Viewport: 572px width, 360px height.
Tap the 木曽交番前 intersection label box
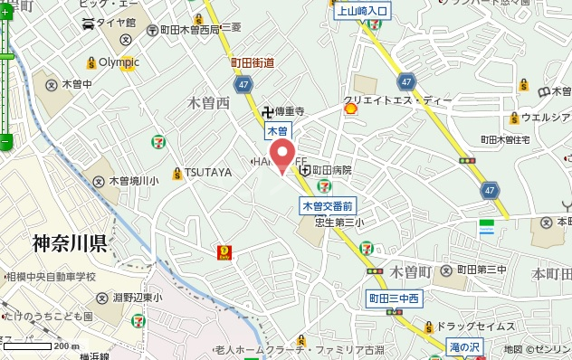(327, 206)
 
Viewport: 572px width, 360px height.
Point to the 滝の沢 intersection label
(465, 346)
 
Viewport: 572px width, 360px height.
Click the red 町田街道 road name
(253, 63)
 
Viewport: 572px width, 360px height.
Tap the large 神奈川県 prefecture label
(70, 242)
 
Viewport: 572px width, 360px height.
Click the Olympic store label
(119, 62)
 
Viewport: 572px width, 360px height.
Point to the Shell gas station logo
(350, 108)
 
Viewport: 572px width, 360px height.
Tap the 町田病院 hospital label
(331, 169)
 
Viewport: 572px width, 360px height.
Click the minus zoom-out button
(5, 141)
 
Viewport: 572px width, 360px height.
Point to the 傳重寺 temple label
(288, 112)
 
